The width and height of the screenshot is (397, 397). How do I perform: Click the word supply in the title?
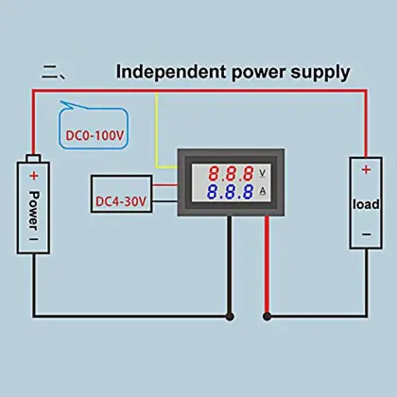(x=320, y=71)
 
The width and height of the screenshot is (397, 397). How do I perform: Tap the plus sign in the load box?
(x=364, y=171)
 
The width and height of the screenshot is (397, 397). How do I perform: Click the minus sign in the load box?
(x=364, y=233)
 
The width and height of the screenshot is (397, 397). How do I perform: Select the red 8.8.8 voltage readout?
(x=232, y=175)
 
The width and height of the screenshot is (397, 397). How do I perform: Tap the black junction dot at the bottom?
(x=229, y=316)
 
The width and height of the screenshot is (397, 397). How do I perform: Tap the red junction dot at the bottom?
(x=268, y=316)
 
